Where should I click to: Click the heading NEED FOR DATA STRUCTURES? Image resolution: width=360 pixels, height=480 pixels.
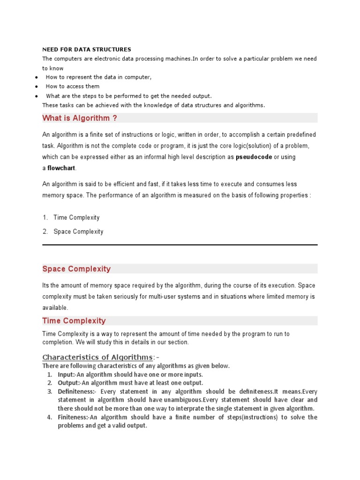87,49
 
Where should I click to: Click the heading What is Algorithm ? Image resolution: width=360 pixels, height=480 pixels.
79,118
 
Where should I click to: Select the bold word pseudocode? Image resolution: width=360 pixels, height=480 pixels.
254,157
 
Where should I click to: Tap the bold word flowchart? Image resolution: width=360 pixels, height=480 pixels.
61,168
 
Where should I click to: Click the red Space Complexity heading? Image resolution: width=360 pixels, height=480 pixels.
76,269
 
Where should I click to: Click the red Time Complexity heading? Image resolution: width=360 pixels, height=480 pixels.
74,321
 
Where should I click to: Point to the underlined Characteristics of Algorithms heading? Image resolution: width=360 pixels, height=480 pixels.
97,358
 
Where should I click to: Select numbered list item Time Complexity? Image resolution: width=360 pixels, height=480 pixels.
76,217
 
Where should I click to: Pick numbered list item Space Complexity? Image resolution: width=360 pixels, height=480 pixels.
78,232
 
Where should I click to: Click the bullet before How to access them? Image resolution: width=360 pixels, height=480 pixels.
36,87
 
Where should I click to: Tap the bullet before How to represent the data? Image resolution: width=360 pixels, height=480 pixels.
36,77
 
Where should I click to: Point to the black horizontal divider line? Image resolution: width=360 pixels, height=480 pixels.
180,245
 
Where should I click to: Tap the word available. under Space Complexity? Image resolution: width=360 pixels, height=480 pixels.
55,308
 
